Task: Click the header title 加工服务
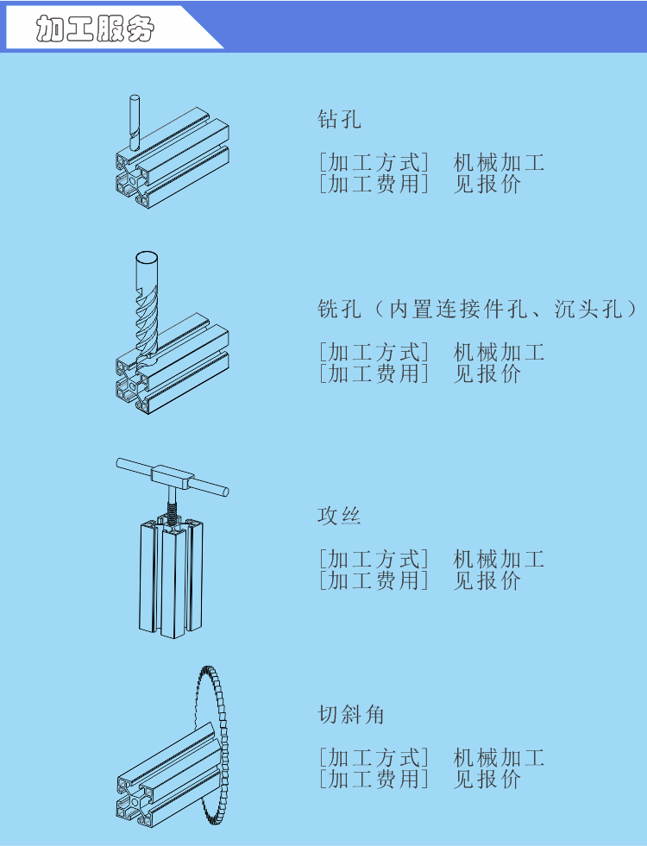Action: point(96,29)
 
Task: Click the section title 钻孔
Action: point(339,119)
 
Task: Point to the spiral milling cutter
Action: point(145,302)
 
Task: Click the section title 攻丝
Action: point(338,516)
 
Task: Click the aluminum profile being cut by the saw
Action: point(164,776)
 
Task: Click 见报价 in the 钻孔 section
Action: point(487,184)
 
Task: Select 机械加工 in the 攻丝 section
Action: point(499,560)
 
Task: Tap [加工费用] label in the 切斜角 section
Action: point(373,779)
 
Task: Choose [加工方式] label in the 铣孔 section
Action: point(373,352)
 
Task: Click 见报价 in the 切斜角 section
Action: point(487,779)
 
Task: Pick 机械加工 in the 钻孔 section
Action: point(499,162)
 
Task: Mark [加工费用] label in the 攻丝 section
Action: point(373,580)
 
